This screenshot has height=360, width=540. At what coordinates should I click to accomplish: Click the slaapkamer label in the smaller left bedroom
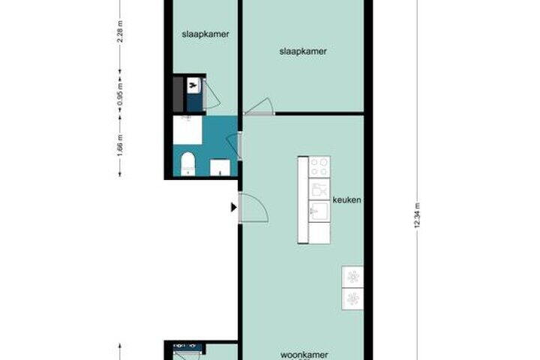205,34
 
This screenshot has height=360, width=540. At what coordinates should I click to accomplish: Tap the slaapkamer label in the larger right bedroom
303,51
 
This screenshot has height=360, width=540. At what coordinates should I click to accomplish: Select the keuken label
346,199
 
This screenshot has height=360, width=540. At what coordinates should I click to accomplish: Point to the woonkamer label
304,355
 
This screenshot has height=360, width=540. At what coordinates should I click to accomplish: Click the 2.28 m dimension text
120,31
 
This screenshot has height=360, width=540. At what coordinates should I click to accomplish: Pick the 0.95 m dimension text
120,94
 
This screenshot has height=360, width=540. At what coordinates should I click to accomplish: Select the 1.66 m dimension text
120,145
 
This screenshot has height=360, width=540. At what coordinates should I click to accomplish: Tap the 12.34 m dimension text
418,216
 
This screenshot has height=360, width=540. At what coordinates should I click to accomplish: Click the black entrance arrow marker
234,208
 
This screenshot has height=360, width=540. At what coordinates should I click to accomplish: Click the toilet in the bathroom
188,163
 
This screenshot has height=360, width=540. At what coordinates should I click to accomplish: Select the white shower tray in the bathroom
187,130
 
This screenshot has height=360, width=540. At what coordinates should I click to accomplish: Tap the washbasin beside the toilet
220,167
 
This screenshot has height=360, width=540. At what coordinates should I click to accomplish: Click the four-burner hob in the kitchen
319,166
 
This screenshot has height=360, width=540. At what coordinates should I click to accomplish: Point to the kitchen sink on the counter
319,211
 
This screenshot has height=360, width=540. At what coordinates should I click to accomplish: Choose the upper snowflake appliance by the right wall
352,277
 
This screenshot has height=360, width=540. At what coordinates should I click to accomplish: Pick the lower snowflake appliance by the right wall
352,298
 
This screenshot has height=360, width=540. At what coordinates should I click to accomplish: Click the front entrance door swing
253,208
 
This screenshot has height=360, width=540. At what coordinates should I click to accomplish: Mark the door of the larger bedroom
259,106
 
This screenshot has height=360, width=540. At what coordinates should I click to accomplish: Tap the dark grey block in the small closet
178,94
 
